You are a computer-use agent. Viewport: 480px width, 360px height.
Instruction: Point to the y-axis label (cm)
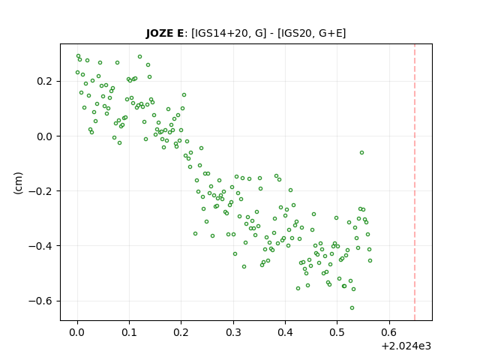tap(18, 183)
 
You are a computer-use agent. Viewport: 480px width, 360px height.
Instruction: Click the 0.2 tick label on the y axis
tap(44, 82)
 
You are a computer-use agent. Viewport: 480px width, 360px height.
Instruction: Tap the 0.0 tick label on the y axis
tap(44, 136)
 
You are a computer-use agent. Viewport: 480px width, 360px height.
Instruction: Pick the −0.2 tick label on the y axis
tap(40, 191)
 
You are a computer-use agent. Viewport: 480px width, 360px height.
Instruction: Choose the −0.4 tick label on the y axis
tap(40, 246)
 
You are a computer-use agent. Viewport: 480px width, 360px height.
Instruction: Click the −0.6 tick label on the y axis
tap(40, 301)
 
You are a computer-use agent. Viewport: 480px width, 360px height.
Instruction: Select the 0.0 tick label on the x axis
tap(77, 332)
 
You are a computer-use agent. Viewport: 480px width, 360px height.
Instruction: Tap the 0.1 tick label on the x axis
tap(130, 332)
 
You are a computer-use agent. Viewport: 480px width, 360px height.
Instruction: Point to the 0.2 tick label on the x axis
tap(181, 332)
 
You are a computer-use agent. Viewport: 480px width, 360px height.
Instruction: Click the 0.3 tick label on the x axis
tap(233, 332)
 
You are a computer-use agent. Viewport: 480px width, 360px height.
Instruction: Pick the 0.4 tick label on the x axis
tap(285, 332)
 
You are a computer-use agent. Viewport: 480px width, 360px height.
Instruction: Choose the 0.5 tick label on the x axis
tap(337, 332)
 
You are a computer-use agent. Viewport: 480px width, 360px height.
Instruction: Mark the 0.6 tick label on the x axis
tap(389, 332)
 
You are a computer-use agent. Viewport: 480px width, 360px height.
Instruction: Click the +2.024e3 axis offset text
tap(406, 346)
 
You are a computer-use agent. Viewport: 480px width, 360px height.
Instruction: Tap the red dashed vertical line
tap(415, 182)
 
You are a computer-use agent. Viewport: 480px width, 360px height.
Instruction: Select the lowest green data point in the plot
tap(352, 307)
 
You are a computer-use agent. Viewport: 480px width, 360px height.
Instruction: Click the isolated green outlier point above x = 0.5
tap(361, 152)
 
